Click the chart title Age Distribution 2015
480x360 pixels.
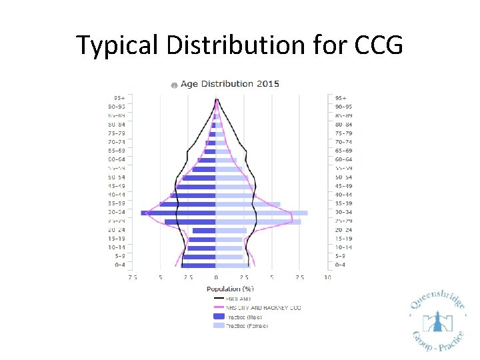click(230, 84)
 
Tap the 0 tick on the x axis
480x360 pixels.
click(215, 277)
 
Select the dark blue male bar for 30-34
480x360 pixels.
click(178, 213)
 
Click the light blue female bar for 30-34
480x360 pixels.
click(261, 213)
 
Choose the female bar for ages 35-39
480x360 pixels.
click(247, 204)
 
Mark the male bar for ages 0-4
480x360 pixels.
click(198, 265)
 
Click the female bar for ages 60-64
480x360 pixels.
click(226, 160)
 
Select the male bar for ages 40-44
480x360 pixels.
click(193, 195)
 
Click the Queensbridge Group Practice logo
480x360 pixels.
click(437, 323)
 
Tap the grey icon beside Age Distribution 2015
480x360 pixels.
click(173, 85)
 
